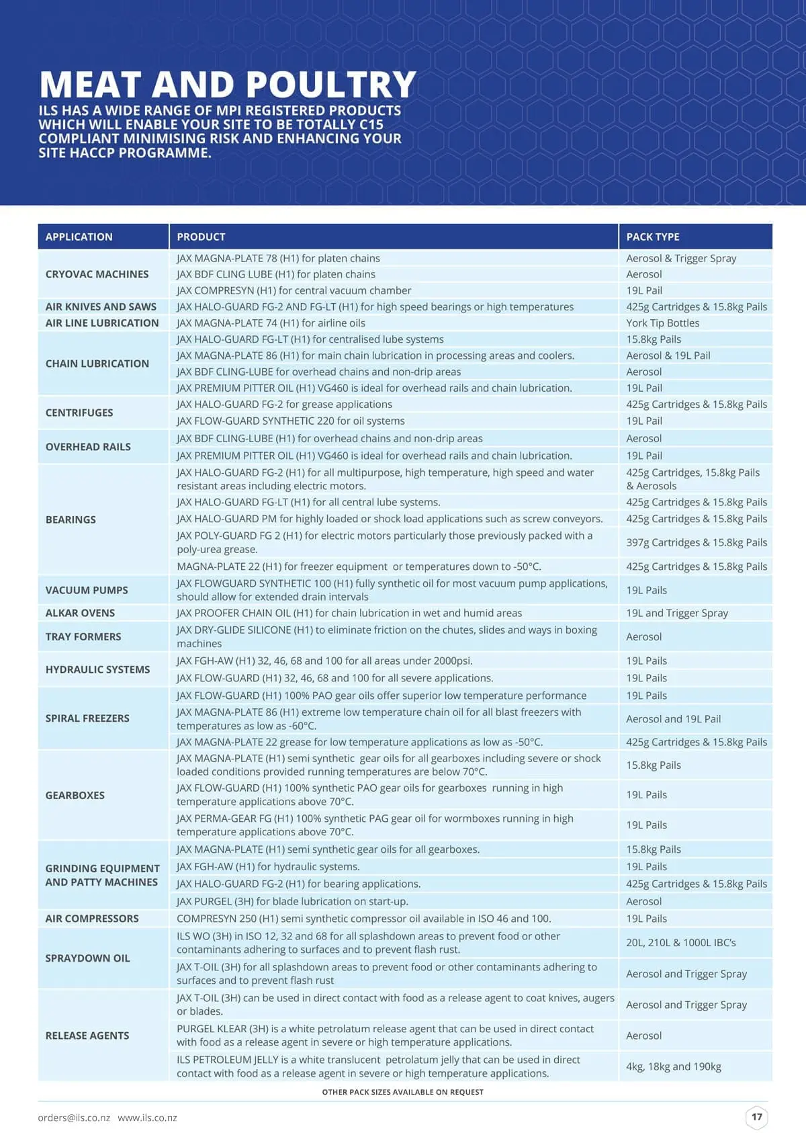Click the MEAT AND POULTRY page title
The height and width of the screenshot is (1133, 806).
coord(227,85)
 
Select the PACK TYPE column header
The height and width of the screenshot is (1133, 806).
coord(652,237)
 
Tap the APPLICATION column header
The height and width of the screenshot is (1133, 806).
coord(79,237)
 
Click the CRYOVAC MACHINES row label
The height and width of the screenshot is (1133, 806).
coord(97,274)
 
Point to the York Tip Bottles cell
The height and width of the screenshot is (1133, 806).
coord(662,323)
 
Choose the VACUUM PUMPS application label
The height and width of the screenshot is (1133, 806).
coord(87,590)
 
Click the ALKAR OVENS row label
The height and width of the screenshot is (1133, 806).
coord(80,613)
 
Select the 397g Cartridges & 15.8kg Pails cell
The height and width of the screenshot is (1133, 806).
coord(696,542)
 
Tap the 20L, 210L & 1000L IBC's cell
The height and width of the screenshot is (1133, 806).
coord(680,943)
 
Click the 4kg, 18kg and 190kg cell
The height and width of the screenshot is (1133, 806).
coord(673,1066)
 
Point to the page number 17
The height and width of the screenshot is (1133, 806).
coord(757,1117)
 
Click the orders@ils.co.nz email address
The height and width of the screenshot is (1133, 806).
coord(74,1118)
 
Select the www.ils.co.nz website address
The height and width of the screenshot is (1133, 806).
coord(147,1118)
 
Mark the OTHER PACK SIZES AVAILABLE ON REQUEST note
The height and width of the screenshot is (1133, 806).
coord(402,1092)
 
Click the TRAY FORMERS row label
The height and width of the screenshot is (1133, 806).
coord(83,636)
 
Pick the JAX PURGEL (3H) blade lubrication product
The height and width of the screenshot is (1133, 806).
coord(292,901)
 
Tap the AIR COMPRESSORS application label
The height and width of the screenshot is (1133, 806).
coord(92,919)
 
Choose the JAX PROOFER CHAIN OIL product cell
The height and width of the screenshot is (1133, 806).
coord(349,613)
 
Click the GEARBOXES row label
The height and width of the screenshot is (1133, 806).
coord(75,795)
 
